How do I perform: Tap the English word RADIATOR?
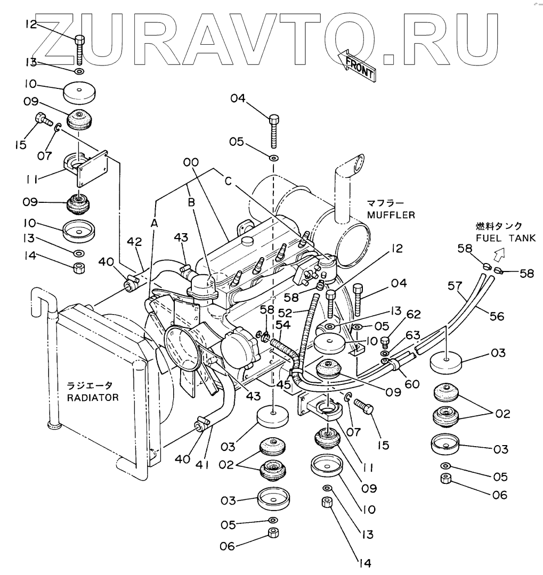pos(92,397)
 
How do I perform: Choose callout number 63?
pos(413,335)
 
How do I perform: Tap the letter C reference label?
pos(228,181)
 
